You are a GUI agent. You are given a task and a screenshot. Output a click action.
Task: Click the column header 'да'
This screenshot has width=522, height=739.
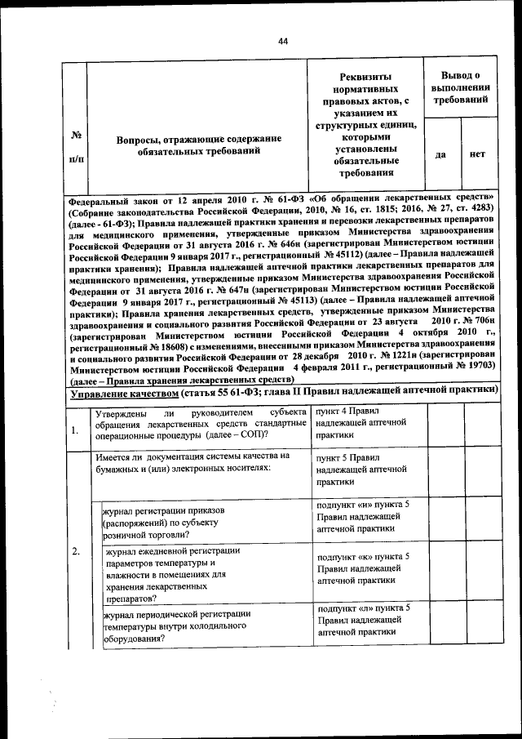[440, 154]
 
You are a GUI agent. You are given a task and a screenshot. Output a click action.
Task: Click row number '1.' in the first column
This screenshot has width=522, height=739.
[75, 430]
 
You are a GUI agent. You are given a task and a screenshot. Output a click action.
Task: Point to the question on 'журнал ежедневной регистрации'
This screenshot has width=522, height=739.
[163, 575]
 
